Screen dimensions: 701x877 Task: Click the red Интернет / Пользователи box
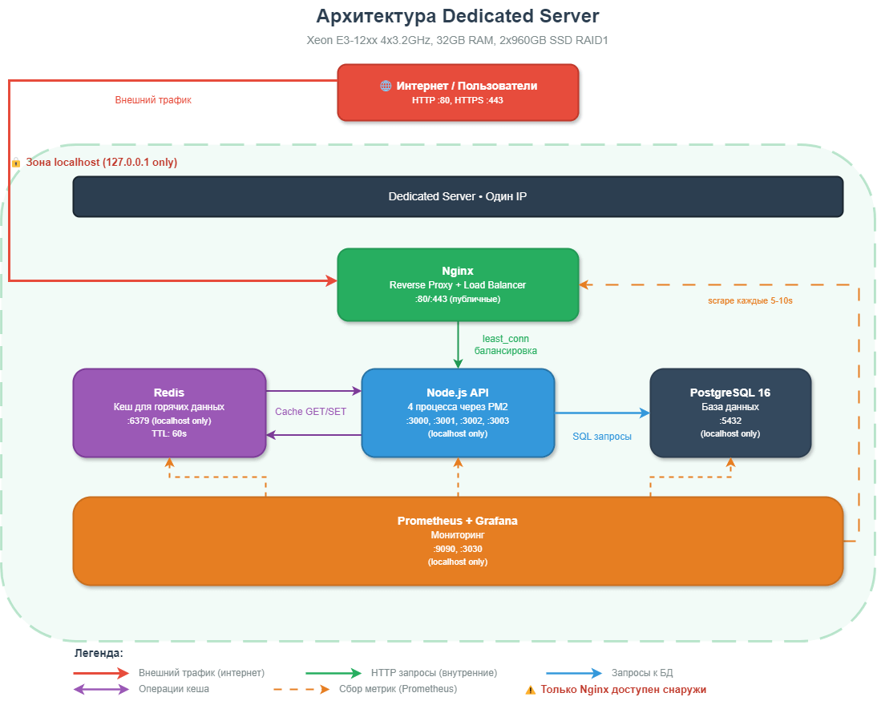tap(458, 92)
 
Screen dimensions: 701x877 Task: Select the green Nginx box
tap(458, 284)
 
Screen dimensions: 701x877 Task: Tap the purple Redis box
tap(169, 413)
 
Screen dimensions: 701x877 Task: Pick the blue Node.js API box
tap(458, 413)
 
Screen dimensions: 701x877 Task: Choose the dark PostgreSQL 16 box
tap(730, 413)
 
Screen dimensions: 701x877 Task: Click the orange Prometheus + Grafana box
tap(458, 541)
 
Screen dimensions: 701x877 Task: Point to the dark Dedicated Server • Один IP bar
tap(458, 196)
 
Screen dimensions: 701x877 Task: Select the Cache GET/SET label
tap(310, 412)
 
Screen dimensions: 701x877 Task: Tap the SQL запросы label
tap(601, 437)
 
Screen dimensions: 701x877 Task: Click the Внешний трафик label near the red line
tap(153, 100)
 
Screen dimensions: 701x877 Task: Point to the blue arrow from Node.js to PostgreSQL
tap(601, 413)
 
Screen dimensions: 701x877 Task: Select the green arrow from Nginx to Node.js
tap(458, 344)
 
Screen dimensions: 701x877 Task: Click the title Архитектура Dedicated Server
tap(458, 16)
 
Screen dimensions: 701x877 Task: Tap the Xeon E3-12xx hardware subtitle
tap(458, 40)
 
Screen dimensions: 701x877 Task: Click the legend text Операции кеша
tap(174, 689)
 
